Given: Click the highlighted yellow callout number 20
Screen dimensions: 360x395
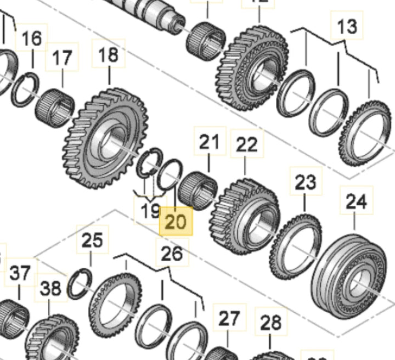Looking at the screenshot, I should click(176, 222).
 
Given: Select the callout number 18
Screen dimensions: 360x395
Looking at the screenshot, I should click(108, 54).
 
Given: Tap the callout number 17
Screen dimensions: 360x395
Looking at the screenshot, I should click(62, 58).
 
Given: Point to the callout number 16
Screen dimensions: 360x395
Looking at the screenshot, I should click(32, 39).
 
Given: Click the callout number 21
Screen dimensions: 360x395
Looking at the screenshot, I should click(208, 143).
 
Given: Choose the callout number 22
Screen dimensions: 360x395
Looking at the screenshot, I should click(246, 145).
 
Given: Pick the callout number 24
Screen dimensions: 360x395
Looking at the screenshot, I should click(356, 201).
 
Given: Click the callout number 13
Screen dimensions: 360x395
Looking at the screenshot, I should click(346, 25).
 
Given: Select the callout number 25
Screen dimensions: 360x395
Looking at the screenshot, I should click(92, 240).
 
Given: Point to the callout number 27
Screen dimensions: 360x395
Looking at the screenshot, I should click(230, 318).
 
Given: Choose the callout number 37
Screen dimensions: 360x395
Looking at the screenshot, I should click(21, 274).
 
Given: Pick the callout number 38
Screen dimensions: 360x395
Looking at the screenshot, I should click(52, 290).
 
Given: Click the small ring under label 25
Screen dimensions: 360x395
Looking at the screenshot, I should click(80, 283).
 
